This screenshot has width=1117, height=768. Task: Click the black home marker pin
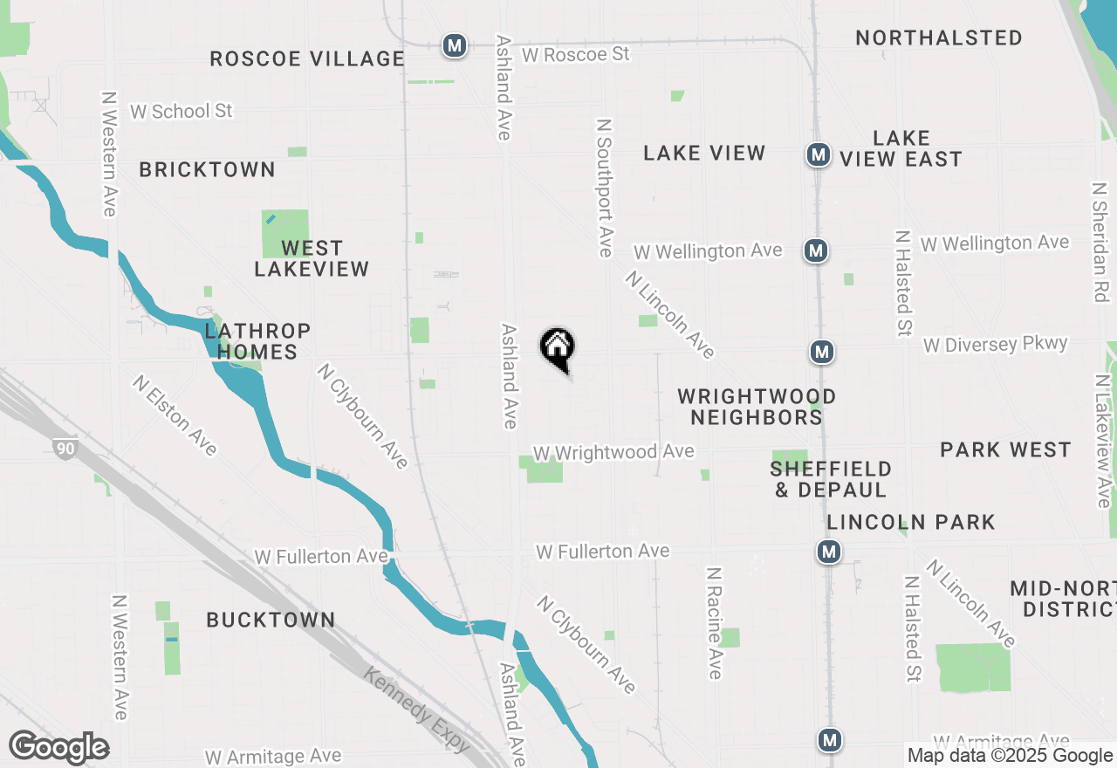click(x=557, y=348)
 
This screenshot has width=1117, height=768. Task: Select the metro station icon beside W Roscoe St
click(x=454, y=45)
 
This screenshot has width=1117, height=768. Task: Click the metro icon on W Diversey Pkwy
click(x=821, y=352)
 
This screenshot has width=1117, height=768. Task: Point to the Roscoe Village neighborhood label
click(x=307, y=59)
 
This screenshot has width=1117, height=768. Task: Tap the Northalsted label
click(x=939, y=38)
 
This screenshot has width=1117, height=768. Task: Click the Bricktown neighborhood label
click(x=208, y=170)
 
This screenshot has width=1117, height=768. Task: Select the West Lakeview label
click(x=312, y=259)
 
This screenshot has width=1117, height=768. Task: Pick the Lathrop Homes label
click(x=257, y=342)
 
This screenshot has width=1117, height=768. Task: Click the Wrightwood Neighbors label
click(x=757, y=408)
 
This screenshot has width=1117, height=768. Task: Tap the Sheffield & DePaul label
click(x=831, y=480)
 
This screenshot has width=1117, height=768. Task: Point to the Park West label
click(x=1005, y=450)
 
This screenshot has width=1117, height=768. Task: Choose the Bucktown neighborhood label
click(x=271, y=621)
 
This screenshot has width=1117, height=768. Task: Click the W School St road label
click(x=182, y=112)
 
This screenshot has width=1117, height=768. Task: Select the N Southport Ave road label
click(x=603, y=188)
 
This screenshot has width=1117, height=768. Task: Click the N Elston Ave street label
click(x=175, y=415)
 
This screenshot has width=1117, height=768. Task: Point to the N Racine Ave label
click(x=715, y=623)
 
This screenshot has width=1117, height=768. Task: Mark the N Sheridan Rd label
click(x=1100, y=242)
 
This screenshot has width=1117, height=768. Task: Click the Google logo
click(x=58, y=748)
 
